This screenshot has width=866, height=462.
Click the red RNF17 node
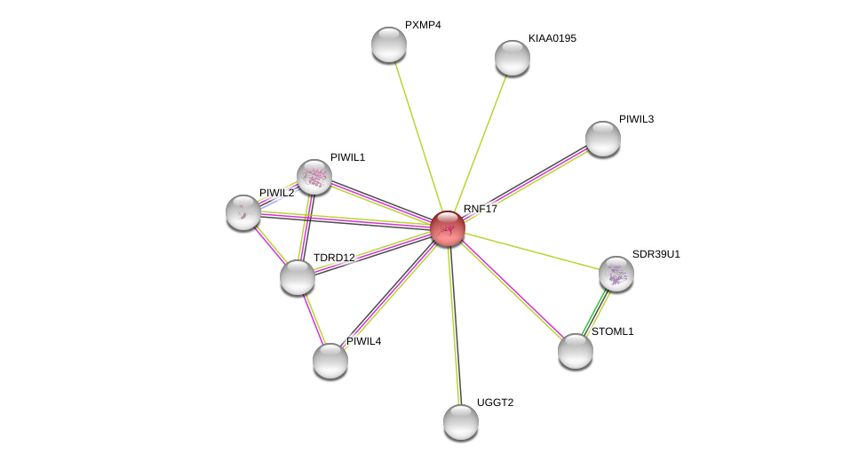click(x=448, y=227)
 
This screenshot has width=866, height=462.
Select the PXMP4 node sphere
click(x=389, y=44)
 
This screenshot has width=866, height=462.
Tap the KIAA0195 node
click(x=512, y=58)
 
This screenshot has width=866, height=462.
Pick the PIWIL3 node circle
click(x=602, y=139)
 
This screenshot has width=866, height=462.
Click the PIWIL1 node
click(x=314, y=177)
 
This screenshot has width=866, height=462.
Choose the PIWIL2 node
click(x=243, y=212)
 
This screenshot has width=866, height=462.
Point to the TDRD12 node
click(x=298, y=277)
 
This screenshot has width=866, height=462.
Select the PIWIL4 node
click(x=330, y=361)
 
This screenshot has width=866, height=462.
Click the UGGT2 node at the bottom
click(x=461, y=422)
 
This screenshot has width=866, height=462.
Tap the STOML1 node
click(x=576, y=351)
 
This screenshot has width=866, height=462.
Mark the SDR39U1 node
click(x=616, y=274)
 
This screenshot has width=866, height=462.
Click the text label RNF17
click(x=481, y=209)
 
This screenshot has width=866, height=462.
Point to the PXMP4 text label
click(x=423, y=25)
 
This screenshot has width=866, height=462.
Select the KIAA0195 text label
click(x=552, y=38)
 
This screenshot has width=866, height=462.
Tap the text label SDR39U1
click(x=656, y=254)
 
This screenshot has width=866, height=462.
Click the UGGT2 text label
click(x=496, y=402)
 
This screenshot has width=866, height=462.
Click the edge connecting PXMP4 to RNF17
click(x=418, y=136)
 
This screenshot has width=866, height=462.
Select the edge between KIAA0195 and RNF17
click(x=480, y=142)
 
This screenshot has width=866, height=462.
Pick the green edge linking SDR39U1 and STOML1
click(x=595, y=312)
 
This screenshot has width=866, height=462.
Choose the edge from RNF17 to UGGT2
click(x=454, y=325)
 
